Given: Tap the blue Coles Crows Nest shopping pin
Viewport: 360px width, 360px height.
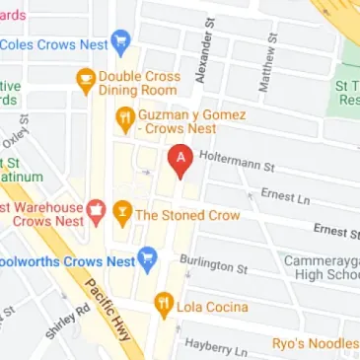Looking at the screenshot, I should click(x=121, y=43).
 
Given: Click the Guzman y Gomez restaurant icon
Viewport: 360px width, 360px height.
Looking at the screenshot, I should click(x=124, y=121).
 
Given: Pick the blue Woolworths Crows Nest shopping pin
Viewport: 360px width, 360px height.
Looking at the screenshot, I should click(x=147, y=259).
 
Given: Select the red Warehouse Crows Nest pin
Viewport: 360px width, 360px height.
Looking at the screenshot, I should click(x=96, y=209).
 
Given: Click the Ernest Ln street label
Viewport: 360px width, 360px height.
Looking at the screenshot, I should click(x=284, y=195).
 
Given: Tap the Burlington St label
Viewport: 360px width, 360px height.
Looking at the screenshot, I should click(x=213, y=264).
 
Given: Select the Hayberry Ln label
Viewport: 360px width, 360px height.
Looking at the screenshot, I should click(x=213, y=344).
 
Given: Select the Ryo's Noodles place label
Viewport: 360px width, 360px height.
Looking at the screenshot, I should click(x=316, y=344).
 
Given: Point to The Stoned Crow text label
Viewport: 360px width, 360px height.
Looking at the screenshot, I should click(x=186, y=214).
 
